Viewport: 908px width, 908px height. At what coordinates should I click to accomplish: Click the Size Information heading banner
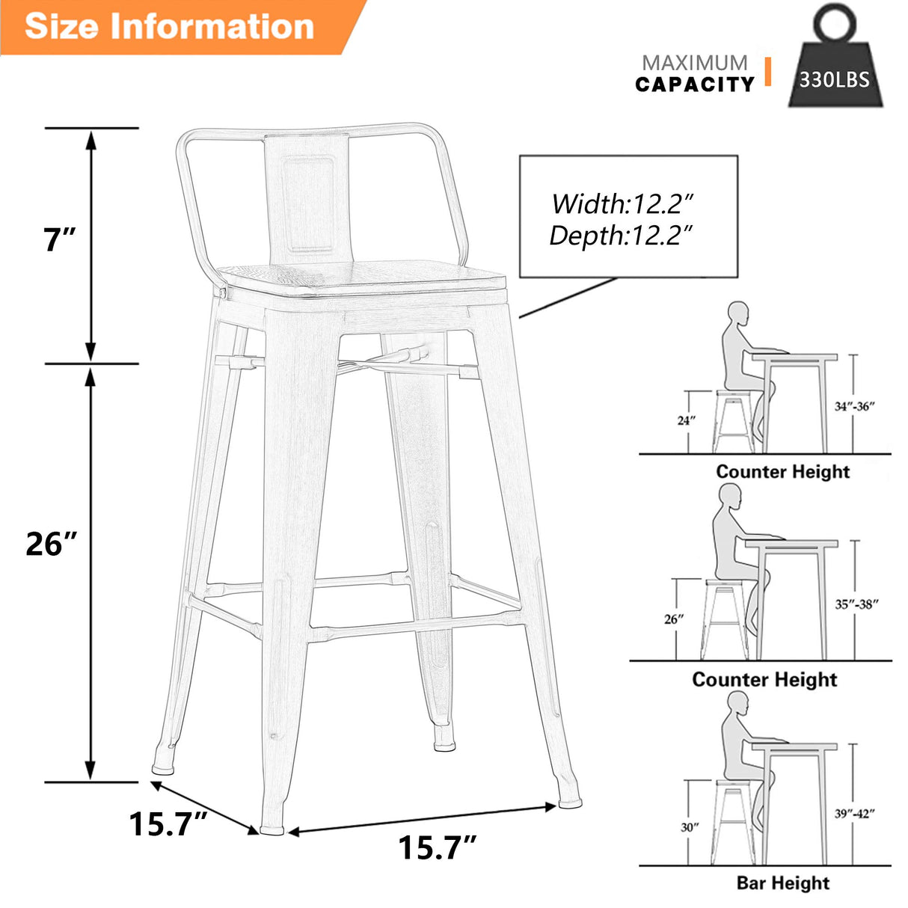169,26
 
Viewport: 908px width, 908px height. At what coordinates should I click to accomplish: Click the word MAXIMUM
694,63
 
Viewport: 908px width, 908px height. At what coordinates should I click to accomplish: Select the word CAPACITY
695,85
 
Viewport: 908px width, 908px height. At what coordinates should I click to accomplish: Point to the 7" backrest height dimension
58,239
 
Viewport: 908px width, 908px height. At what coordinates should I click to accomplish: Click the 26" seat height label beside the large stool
51,544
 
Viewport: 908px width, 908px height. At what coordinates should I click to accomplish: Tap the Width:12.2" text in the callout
623,203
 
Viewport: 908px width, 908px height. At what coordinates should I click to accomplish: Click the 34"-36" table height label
854,406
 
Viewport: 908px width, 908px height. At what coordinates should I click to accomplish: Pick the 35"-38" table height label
856,604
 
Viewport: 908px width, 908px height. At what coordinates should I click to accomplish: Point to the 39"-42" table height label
854,814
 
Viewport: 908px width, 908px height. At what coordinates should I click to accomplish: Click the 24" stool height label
687,420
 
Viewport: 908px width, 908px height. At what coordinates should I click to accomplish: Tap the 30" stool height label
690,827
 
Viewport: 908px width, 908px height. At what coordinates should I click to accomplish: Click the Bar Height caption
782,883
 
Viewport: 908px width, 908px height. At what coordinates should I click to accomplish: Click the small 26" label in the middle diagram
673,619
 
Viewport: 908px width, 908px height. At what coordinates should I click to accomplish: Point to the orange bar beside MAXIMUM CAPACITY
767,72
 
